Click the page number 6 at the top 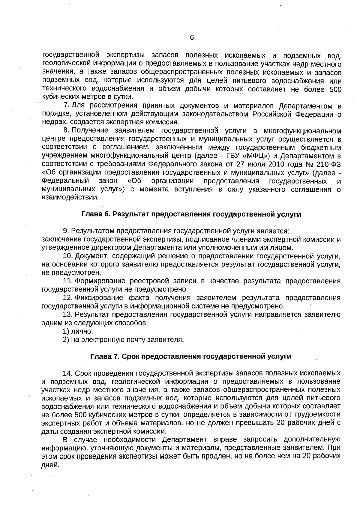[192, 38]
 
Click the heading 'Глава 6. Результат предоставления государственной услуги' [191, 214]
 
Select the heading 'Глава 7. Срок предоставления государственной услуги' [191, 356]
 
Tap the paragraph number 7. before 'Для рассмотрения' [67, 106]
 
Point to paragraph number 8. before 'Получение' [67, 131]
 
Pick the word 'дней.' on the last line [50, 465]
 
